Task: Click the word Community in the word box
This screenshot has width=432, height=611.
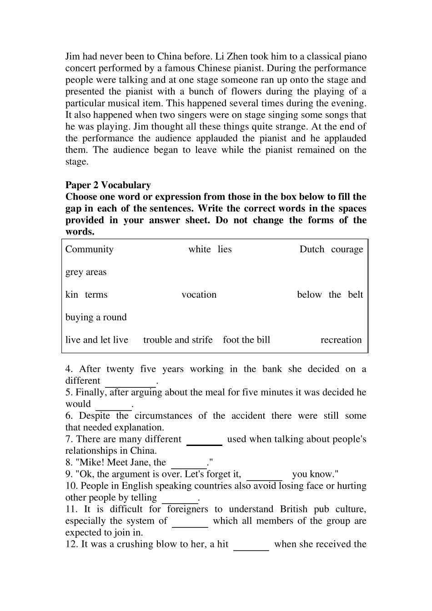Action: point(89,249)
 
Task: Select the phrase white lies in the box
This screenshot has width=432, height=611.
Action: point(210,249)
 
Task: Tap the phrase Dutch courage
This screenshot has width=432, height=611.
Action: point(331,249)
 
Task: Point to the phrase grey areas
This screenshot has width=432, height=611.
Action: point(86,272)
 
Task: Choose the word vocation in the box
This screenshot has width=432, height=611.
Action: point(199,295)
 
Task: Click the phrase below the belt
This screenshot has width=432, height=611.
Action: point(330,295)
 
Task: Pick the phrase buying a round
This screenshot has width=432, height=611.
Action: point(96,317)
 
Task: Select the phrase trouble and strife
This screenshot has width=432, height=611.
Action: point(178,340)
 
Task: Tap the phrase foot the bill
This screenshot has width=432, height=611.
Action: point(246,340)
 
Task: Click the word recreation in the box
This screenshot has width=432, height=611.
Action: point(341,340)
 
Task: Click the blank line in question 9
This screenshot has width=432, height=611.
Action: point(264,479)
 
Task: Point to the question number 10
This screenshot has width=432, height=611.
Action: point(71,486)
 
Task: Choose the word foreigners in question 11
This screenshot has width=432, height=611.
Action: point(187,509)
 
